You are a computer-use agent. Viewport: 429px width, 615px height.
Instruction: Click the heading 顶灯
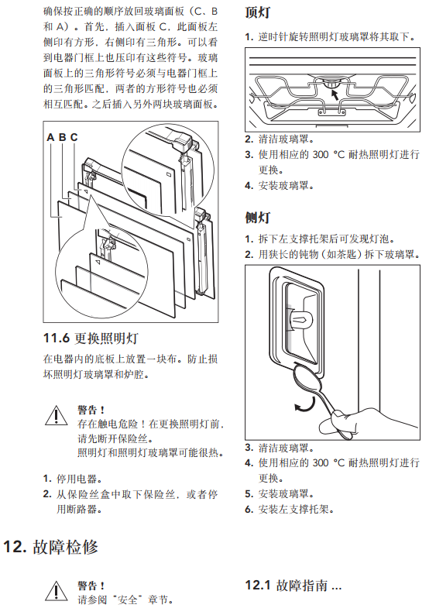258,12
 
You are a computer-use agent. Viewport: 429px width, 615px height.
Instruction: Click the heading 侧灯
258,217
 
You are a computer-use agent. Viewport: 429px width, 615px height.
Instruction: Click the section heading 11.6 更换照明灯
91,338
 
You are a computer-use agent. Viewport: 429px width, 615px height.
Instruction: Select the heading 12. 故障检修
50,546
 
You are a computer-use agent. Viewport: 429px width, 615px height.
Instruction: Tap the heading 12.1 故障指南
293,586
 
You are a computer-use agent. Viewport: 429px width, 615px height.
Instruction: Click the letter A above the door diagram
50,137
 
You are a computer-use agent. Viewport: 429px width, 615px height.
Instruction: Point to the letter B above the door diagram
63,137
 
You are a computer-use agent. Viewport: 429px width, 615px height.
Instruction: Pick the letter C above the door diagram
74,137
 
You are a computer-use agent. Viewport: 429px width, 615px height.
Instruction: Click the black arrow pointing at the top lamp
335,94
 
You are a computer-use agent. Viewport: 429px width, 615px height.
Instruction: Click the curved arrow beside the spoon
306,405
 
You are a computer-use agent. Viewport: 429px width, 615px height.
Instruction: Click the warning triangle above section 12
56,591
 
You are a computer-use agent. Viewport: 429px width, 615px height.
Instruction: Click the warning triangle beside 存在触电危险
56,415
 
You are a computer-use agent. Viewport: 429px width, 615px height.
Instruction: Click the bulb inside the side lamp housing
300,318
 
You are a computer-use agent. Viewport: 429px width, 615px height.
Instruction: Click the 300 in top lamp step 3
321,155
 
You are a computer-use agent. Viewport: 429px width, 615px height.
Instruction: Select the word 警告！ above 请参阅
91,586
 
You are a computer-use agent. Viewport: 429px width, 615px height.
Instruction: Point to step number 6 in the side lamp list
249,510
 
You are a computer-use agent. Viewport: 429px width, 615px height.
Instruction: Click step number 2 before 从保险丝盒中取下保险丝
47,494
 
